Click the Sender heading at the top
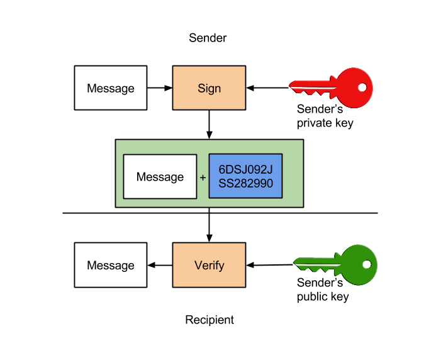click(208, 38)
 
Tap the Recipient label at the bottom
click(210, 320)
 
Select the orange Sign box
click(209, 88)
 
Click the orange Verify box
click(209, 265)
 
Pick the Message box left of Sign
click(111, 88)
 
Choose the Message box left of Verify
click(111, 265)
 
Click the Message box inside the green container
click(160, 177)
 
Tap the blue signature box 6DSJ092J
click(245, 176)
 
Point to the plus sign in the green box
click(203, 177)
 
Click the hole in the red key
click(362, 87)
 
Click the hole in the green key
click(367, 264)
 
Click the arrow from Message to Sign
click(160, 88)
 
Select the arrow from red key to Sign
click(267, 88)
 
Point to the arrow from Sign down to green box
click(209, 125)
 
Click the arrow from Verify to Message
click(160, 265)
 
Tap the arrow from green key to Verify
click(270, 265)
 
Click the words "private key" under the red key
click(325, 123)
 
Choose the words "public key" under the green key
click(323, 296)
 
